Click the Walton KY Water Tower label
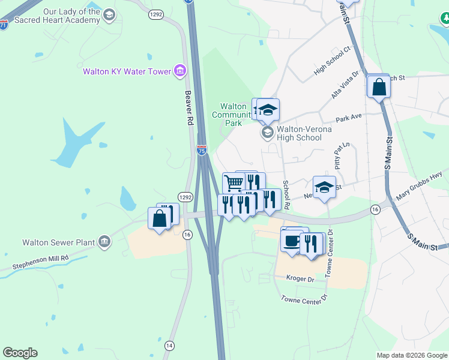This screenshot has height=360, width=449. point(127,72)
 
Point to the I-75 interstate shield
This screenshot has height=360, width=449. point(202,151)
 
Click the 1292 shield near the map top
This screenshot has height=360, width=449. point(157,14)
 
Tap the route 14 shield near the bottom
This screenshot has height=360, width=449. point(170,346)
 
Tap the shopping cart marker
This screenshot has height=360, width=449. point(233,182)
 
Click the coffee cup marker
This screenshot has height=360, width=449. point(292,241)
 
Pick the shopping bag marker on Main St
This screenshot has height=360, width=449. point(379,88)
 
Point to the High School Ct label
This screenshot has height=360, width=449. point(333,64)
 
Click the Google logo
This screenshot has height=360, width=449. point(20,353)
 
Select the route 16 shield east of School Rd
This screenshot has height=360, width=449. point(375,209)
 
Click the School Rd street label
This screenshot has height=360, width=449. point(286,195)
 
